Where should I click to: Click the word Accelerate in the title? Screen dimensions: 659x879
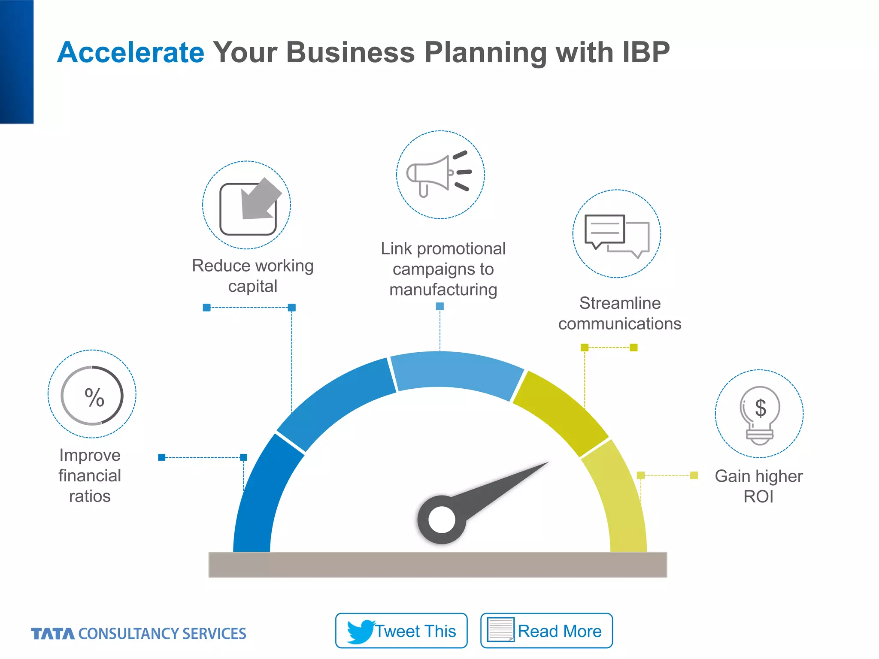(x=130, y=53)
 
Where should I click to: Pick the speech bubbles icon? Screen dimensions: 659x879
(x=616, y=235)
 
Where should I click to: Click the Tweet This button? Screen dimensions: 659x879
(x=401, y=631)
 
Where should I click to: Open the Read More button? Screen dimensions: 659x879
(x=546, y=631)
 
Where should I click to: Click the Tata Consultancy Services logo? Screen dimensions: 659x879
(x=138, y=634)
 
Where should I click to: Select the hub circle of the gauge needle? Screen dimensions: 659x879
(x=441, y=520)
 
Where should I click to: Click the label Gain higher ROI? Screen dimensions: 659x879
(x=758, y=486)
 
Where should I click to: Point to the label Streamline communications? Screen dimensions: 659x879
(x=619, y=313)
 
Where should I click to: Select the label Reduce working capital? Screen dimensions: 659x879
(x=253, y=276)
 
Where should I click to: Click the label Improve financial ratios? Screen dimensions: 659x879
(x=90, y=475)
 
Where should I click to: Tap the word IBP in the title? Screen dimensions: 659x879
(x=646, y=53)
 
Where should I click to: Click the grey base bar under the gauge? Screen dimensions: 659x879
(x=437, y=565)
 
